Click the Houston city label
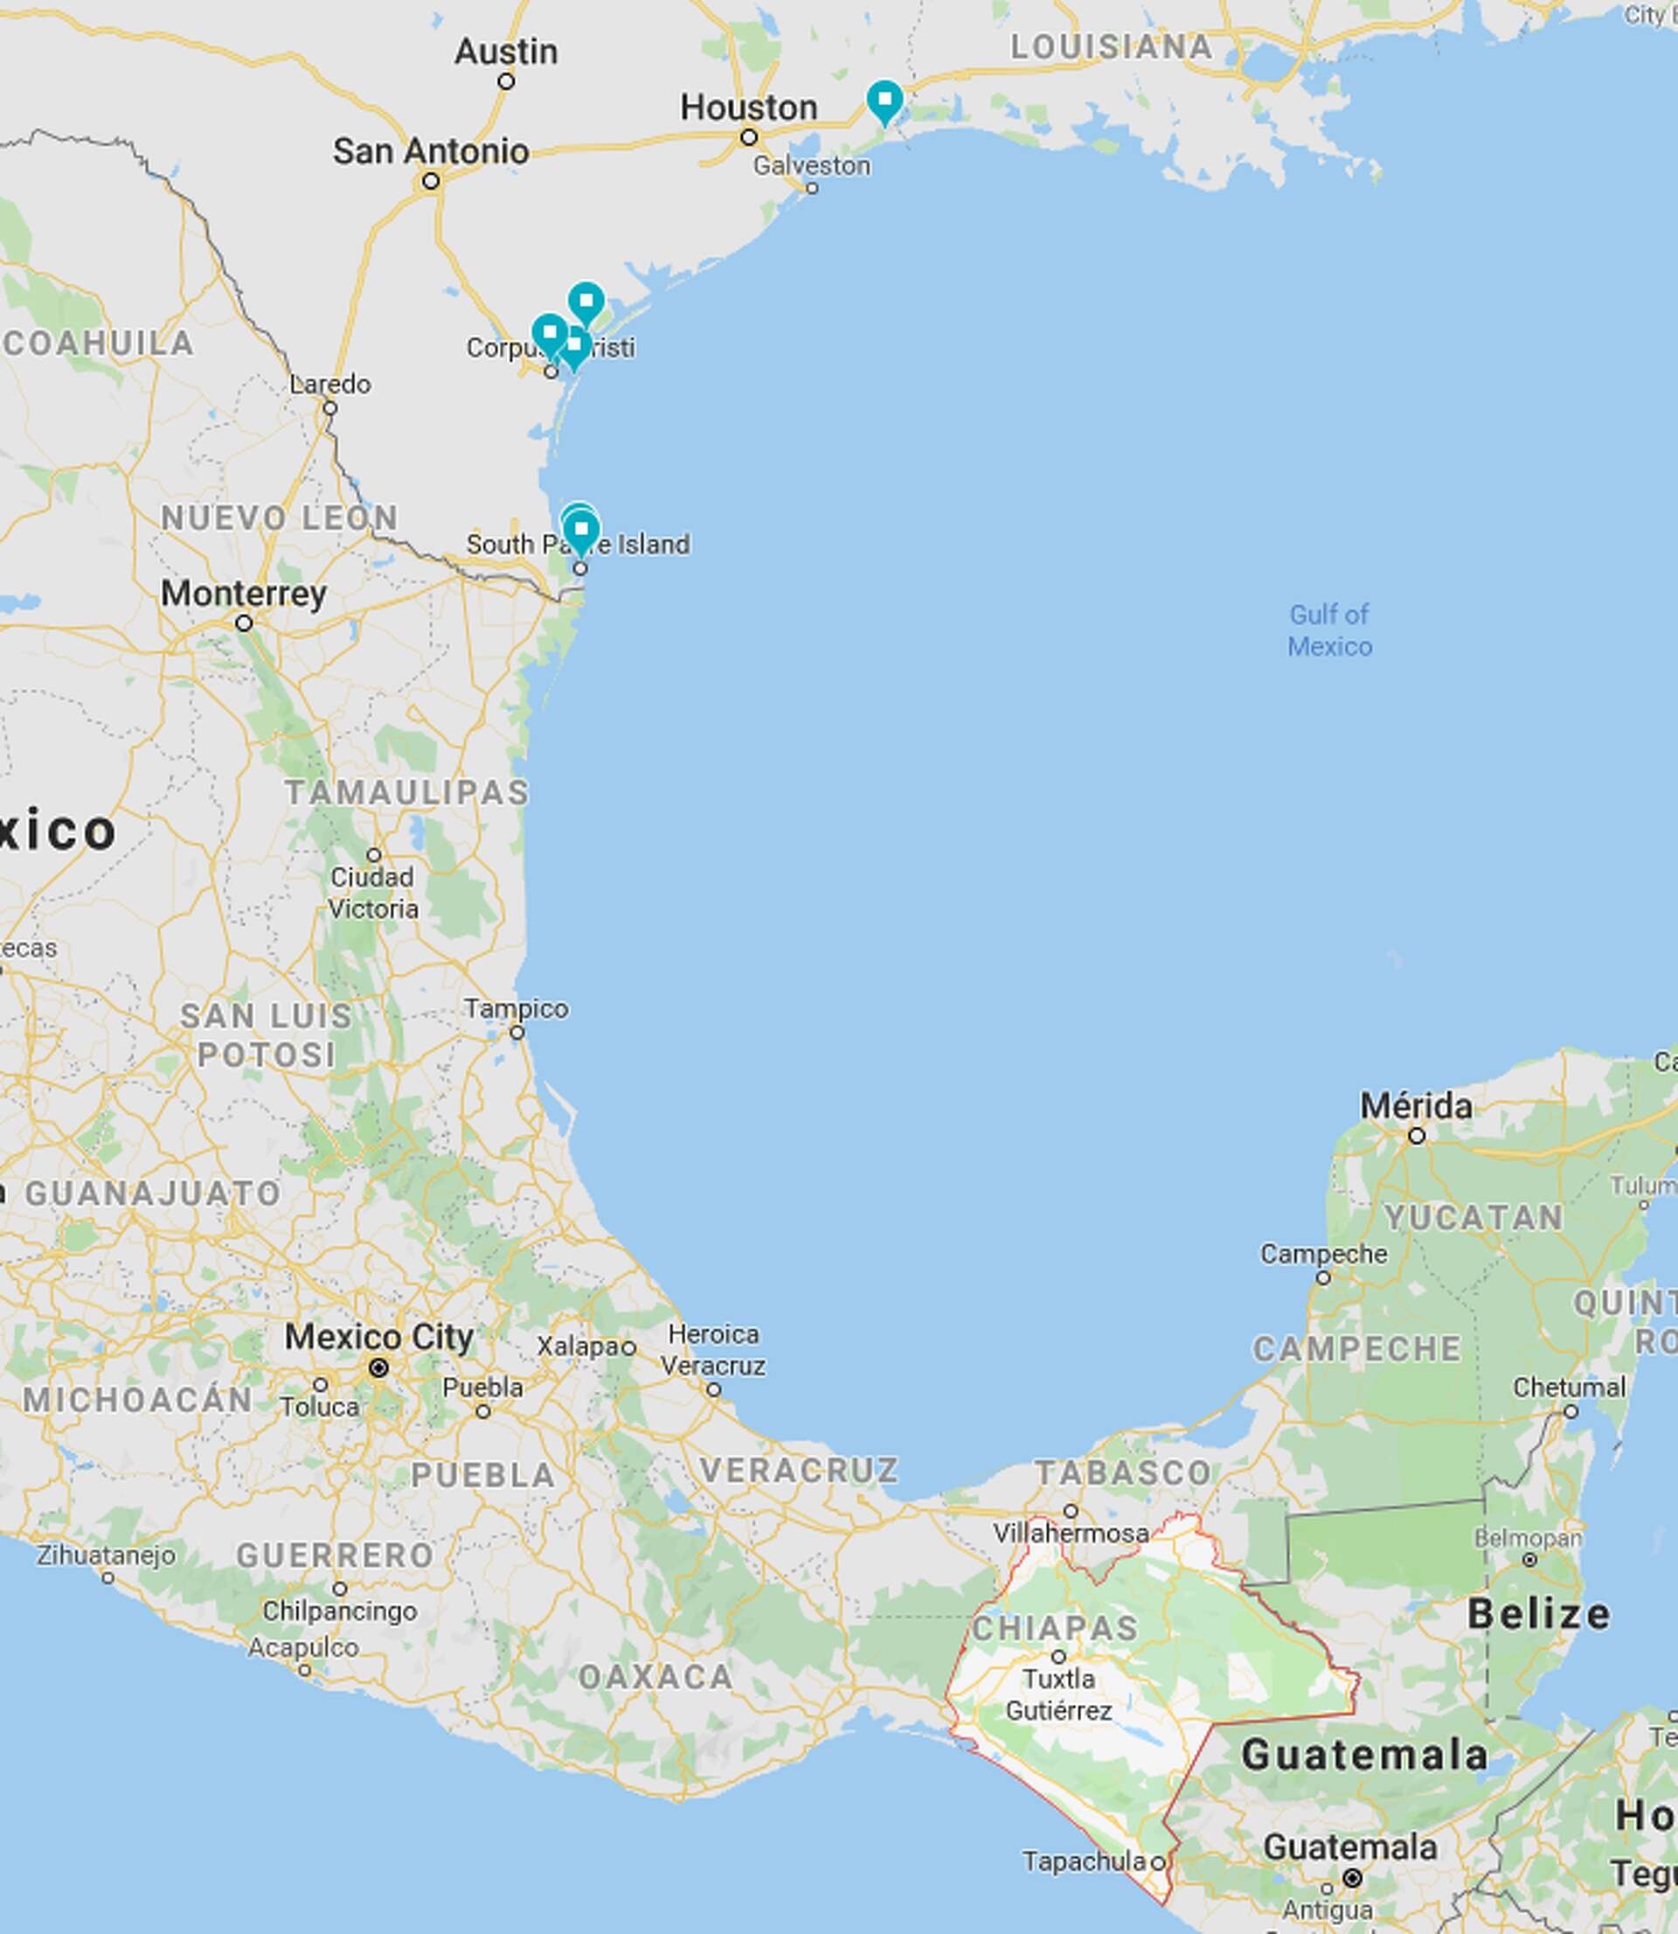[748, 108]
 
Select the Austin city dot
[506, 81]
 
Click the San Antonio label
[431, 150]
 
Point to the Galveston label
[811, 166]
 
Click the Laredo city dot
[329, 407]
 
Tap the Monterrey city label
[244, 593]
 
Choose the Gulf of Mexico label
[1328, 630]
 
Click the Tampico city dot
[517, 1032]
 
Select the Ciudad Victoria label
[372, 893]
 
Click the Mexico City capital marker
[378, 1368]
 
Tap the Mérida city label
[1415, 1106]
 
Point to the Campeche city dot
[1323, 1277]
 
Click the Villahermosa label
[1071, 1534]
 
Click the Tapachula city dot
[1157, 1863]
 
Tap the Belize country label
[1538, 1614]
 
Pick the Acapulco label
[302, 1647]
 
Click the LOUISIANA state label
[1111, 47]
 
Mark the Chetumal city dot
[1571, 1411]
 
